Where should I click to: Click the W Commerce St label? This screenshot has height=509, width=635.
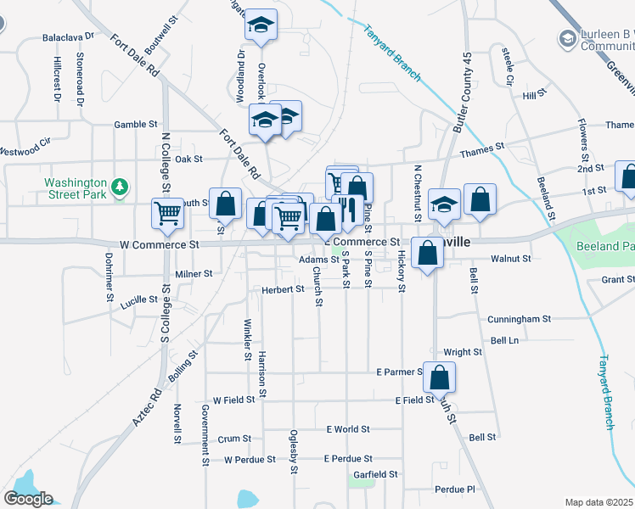[x=159, y=244]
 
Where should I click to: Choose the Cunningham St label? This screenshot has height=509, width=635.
[x=519, y=320]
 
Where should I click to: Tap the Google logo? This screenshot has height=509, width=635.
[x=28, y=499]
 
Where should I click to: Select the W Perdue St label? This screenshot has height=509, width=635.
[x=250, y=460]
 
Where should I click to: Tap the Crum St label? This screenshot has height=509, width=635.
[x=234, y=439]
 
